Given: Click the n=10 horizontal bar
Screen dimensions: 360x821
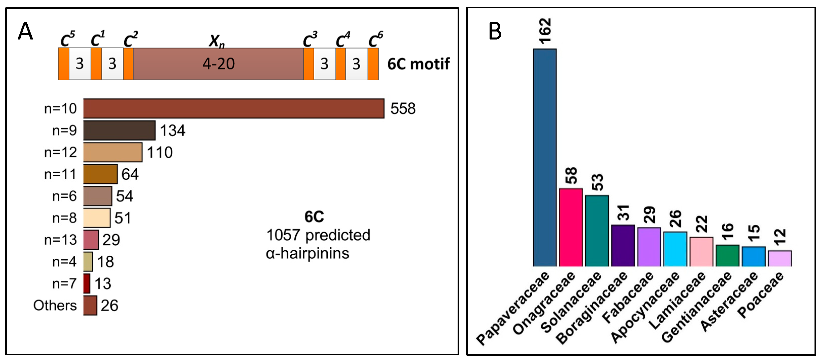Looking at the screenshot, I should pos(234,108).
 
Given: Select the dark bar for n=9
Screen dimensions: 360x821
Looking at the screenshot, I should pos(119,130).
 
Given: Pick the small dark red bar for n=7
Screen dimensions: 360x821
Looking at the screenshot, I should pos(87,283).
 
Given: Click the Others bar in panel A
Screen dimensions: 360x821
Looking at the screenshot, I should pos(90,305).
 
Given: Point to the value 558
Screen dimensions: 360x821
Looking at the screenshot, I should pos(403,109).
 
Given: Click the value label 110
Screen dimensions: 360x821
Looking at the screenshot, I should pos(160,152).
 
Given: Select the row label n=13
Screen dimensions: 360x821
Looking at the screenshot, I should pos(60,240).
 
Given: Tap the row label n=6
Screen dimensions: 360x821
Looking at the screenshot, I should pos(64,196).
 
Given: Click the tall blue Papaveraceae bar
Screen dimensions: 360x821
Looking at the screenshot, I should pos(545,157).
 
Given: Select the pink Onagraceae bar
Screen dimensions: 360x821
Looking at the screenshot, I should pos(571,227).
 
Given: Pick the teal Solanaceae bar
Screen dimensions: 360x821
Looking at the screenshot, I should pos(597,231).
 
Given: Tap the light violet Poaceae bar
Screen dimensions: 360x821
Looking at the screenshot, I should pos(780,258).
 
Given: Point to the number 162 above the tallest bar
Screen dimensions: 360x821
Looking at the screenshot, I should pos(545,30).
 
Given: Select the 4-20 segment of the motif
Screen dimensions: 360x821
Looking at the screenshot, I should pos(218,64).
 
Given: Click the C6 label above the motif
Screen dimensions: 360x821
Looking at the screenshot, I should pos(375,39).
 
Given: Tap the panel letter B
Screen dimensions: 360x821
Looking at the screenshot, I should pos(495,31).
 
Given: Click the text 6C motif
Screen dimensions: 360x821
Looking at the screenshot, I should pos(418,64).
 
